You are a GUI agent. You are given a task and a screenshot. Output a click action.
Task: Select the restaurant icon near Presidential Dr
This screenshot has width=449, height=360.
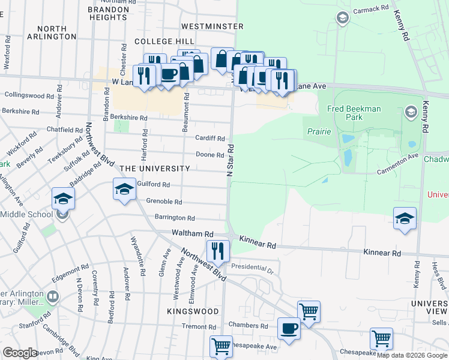(217, 251)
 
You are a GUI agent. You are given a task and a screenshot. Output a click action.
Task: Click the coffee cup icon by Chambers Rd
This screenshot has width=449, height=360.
(289, 329)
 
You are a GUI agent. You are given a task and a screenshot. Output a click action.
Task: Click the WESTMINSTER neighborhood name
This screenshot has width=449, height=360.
(212, 26)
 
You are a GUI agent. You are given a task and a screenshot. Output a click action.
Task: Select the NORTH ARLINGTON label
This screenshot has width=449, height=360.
(56, 32)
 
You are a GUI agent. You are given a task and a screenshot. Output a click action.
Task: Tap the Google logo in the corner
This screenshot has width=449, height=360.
(20, 353)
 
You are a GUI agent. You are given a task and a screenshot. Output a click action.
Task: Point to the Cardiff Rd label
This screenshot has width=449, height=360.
(209, 138)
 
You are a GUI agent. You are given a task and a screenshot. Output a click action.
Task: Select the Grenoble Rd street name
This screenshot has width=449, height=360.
(159, 202)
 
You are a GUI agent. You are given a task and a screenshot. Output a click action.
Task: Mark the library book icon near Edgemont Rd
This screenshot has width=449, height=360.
(53, 296)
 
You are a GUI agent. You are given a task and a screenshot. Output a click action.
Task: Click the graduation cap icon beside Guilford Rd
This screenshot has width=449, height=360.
(124, 190)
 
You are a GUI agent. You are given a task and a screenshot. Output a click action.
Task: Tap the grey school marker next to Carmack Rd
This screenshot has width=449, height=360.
(343, 18)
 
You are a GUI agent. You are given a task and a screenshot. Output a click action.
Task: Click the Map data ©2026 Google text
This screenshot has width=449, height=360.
(411, 355)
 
